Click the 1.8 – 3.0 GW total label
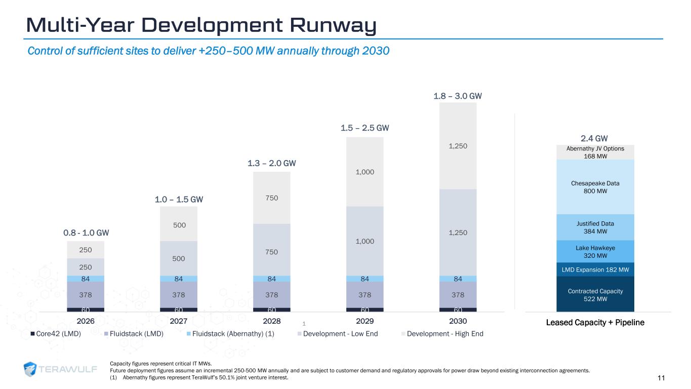point(458,96)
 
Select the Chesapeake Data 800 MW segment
point(595,187)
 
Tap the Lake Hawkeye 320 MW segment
point(595,252)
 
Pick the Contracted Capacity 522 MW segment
point(595,295)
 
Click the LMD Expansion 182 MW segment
point(595,269)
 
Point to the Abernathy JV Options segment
point(595,152)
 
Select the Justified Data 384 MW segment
point(595,227)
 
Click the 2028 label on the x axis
point(272,321)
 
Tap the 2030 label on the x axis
point(458,321)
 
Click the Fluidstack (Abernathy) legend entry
point(233,334)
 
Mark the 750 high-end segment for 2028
point(272,198)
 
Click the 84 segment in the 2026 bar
point(86,279)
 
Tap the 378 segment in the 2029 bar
point(364,295)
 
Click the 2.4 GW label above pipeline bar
point(594,138)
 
